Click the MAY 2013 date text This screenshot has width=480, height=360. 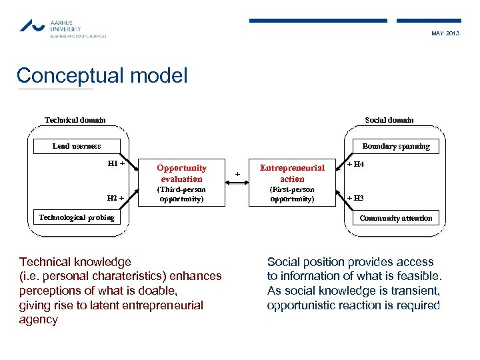445,33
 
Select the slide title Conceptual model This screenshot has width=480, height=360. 102,75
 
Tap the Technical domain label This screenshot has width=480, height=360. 75,120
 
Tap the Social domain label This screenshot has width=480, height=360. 389,120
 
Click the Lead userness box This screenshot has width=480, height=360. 77,146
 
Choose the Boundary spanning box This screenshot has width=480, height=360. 396,146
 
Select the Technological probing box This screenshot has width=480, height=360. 77,217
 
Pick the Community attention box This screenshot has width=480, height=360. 396,218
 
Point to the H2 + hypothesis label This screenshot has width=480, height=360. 116,198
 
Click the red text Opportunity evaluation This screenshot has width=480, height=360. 181,173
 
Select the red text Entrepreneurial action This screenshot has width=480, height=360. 292,173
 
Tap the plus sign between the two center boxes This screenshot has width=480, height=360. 237,175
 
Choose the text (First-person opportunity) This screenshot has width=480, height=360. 292,195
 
